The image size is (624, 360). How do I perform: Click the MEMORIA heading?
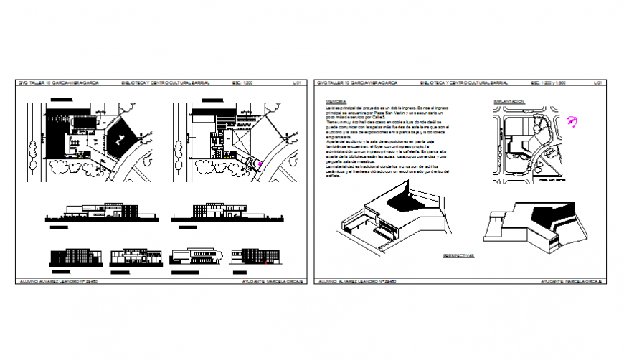[x=332, y=103]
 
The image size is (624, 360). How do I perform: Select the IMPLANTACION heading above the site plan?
[x=509, y=103]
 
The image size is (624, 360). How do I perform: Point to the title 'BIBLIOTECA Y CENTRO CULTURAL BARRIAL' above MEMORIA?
[x=465, y=83]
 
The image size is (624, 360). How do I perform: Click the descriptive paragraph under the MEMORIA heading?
[x=388, y=141]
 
